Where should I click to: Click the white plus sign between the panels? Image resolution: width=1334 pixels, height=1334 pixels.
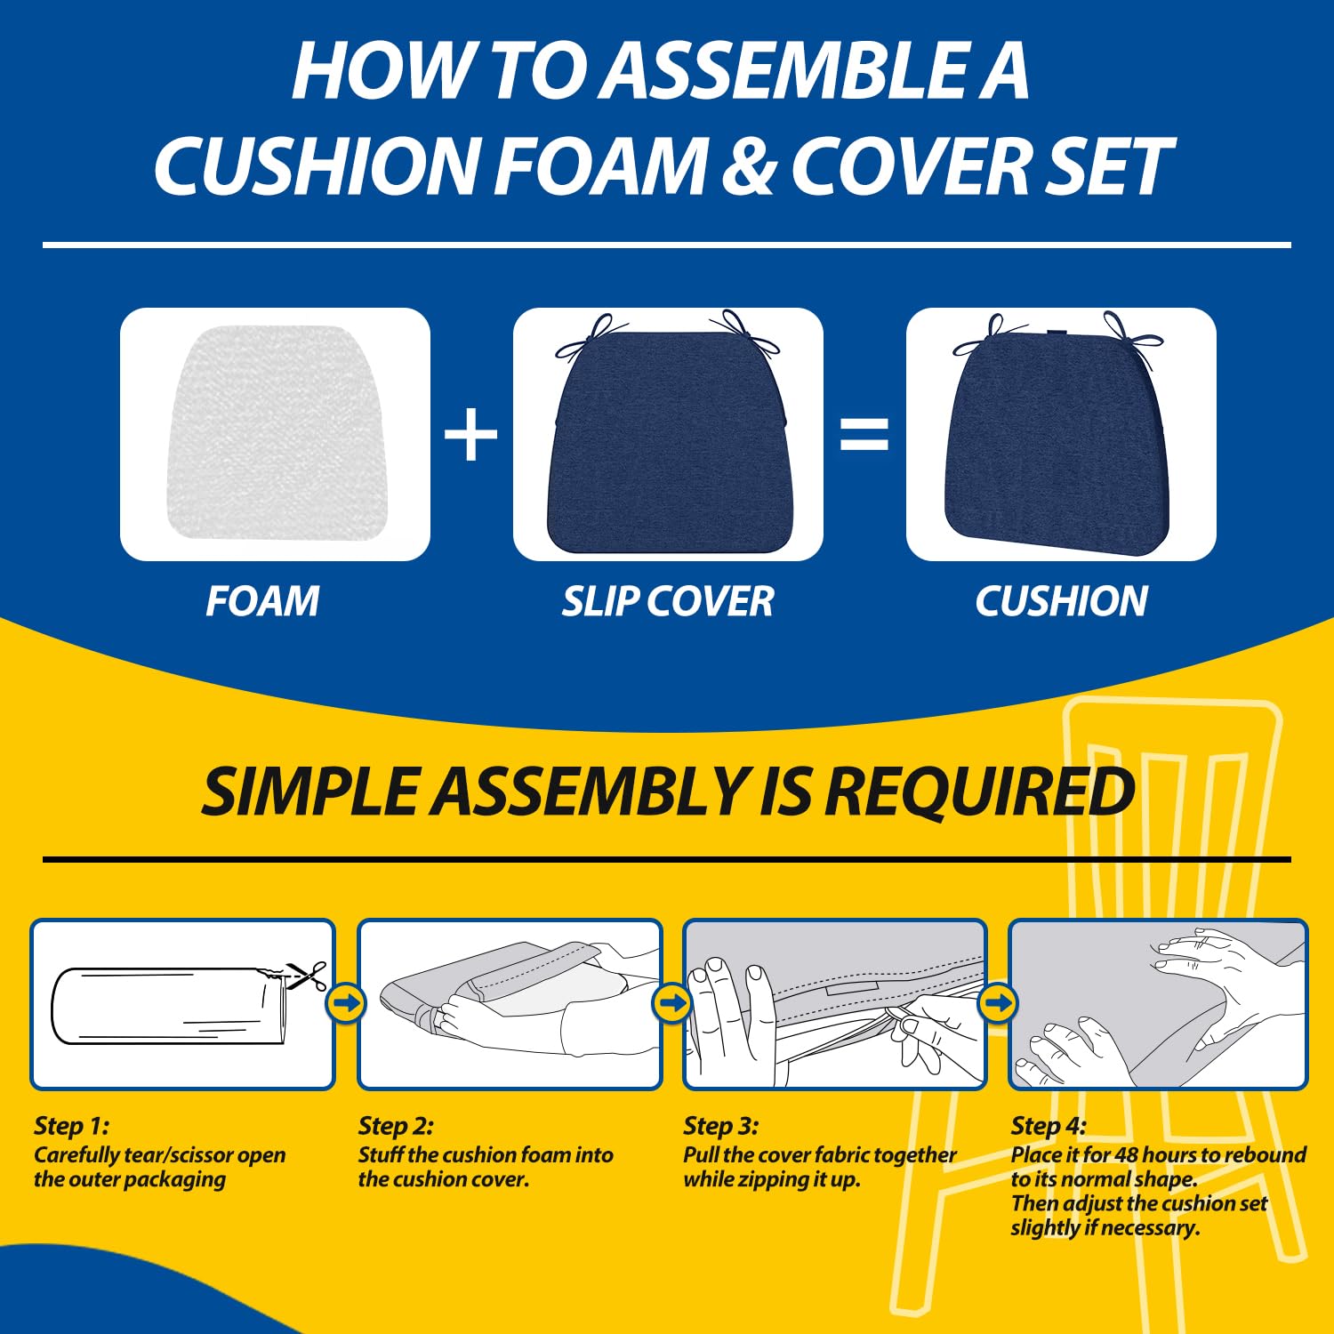tap(471, 436)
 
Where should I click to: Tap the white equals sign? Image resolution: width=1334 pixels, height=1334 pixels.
tap(864, 435)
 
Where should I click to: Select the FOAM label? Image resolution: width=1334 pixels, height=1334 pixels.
tap(262, 601)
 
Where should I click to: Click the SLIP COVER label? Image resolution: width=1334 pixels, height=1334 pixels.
tap(667, 601)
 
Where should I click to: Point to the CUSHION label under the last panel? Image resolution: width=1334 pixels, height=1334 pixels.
tap(1061, 601)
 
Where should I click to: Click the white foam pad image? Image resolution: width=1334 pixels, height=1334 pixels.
tap(277, 434)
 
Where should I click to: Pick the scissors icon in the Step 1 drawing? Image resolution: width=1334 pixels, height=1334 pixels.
tap(308, 976)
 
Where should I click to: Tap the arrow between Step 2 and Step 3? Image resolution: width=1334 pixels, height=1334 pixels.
tap(671, 1003)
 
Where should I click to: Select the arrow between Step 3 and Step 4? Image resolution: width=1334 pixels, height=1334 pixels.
tap(998, 1003)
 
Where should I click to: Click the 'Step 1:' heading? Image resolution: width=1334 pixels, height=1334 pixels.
tap(71, 1126)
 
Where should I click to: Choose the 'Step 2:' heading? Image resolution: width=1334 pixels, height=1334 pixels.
tap(396, 1126)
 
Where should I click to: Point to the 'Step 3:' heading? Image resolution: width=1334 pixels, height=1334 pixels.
tap(720, 1126)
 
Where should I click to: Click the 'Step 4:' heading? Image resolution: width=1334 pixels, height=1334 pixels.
tap(1048, 1126)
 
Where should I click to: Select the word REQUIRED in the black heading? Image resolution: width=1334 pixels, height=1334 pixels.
tap(978, 792)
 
